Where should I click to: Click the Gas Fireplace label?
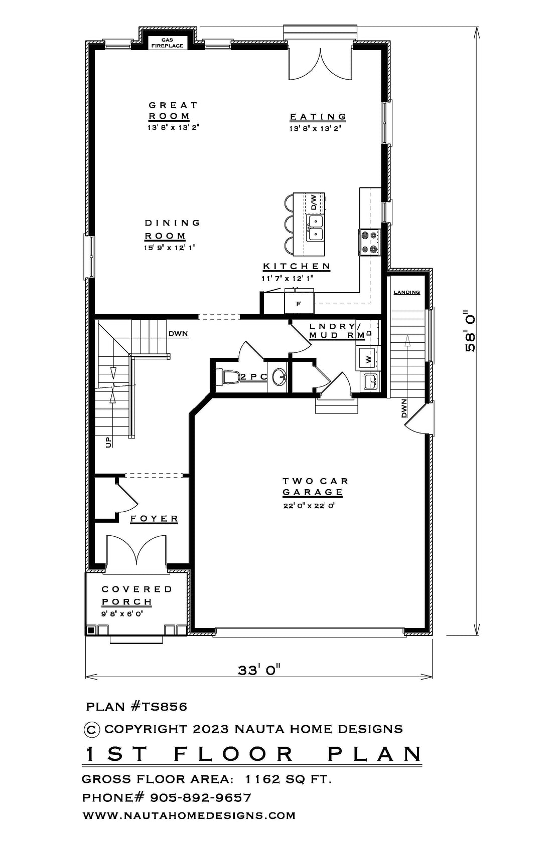(x=167, y=43)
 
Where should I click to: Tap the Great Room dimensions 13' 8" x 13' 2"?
(x=173, y=127)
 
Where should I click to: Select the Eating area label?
(x=318, y=116)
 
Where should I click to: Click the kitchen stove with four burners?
(x=369, y=242)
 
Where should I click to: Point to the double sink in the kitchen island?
(x=316, y=228)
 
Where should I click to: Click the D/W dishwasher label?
(x=314, y=202)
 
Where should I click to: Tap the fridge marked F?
(x=299, y=303)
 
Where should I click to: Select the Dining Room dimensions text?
(x=170, y=248)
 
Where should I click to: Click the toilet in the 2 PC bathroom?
(x=227, y=377)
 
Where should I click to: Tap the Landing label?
(x=407, y=292)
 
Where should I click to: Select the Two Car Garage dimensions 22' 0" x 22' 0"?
(x=309, y=506)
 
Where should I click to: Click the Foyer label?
(x=154, y=518)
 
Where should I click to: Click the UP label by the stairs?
(x=109, y=442)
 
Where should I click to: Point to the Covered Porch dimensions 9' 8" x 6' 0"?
(x=122, y=613)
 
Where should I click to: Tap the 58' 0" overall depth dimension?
(x=470, y=331)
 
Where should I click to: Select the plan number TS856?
(x=159, y=707)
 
